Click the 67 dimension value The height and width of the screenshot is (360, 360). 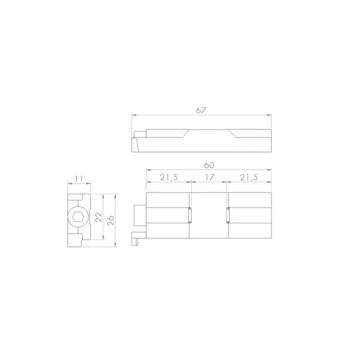pyautogui.click(x=201, y=111)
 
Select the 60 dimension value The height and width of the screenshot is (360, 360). pyautogui.click(x=209, y=165)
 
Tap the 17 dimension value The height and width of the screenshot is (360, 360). pyautogui.click(x=209, y=177)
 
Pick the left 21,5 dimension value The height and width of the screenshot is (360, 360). pyautogui.click(x=169, y=177)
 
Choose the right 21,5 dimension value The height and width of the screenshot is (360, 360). pyautogui.click(x=249, y=177)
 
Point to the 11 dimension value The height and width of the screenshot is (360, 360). pyautogui.click(x=79, y=179)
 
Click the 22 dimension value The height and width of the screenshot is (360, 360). pyautogui.click(x=98, y=217)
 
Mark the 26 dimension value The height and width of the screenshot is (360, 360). pyautogui.click(x=111, y=221)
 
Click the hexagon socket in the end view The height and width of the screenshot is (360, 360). pyautogui.click(x=78, y=217)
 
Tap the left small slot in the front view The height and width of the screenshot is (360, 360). pyautogui.click(x=190, y=215)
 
